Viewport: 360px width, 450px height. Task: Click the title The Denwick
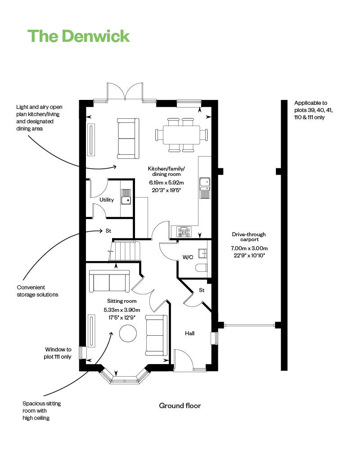pos(78,36)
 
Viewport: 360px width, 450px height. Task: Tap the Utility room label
pos(107,200)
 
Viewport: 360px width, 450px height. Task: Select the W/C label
pos(188,257)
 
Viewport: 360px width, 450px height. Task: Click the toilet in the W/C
pos(201,268)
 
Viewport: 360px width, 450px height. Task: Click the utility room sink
pos(126,197)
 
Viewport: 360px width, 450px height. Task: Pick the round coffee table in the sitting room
pos(128,333)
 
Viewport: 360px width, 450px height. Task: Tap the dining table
pos(181,135)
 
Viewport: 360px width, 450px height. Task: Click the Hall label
pos(189,333)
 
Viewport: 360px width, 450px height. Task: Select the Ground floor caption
pos(180,405)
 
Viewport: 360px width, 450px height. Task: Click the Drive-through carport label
pos(249,237)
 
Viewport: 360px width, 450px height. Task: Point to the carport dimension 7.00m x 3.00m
pos(249,248)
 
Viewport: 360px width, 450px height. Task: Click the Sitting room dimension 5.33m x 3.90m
pos(122,310)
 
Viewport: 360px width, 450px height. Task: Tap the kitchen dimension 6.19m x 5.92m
pos(166,183)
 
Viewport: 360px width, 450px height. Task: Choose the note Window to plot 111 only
pos(58,353)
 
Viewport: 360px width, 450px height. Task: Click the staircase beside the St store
pos(125,251)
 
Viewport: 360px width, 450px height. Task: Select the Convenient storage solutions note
pos(37,291)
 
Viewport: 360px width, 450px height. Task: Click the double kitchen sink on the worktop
pos(205,188)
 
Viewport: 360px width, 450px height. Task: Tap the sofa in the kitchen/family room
pos(128,138)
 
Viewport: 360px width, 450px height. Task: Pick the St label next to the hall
pos(202,290)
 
